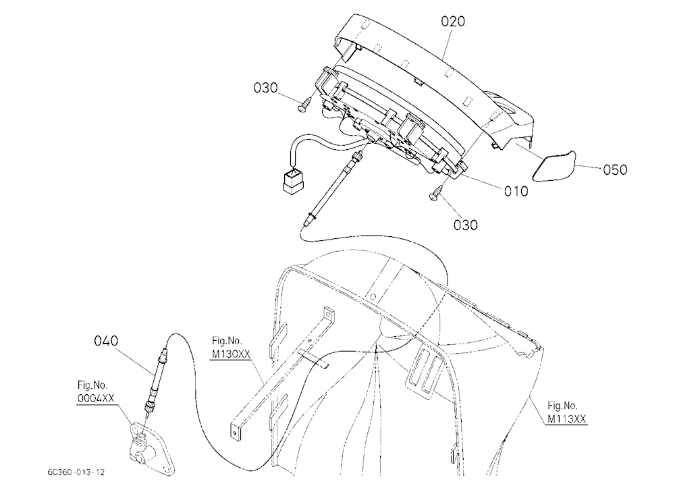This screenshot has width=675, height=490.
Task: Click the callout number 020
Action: click(x=453, y=21)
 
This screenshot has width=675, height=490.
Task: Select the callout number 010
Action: click(x=516, y=191)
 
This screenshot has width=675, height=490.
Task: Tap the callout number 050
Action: click(x=615, y=169)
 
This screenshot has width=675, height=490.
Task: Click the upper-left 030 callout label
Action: click(x=265, y=88)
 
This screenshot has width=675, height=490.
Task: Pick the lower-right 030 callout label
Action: click(x=465, y=225)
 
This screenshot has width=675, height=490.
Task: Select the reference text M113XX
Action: click(x=566, y=418)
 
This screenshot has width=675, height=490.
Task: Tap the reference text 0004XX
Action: click(x=96, y=398)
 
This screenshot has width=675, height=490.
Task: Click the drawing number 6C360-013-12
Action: click(x=76, y=472)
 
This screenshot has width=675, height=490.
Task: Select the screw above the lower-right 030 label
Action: click(x=435, y=193)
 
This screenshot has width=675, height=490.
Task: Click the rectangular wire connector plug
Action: click(x=293, y=179)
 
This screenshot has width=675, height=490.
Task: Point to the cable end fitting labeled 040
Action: click(x=155, y=377)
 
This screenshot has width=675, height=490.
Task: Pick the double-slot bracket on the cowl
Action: click(x=424, y=369)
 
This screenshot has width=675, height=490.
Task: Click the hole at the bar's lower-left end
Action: click(x=235, y=429)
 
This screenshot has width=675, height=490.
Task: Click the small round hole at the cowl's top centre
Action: click(x=373, y=296)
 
